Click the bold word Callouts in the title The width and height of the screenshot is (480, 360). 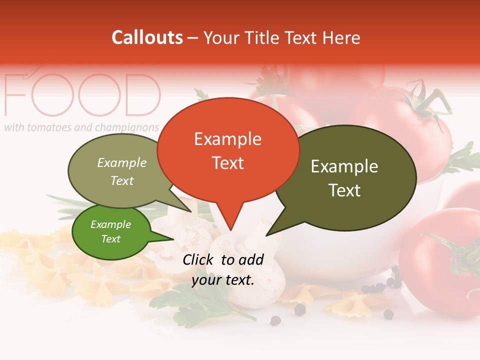pyautogui.click(x=147, y=37)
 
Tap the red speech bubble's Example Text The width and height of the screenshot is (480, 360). pyautogui.click(x=227, y=150)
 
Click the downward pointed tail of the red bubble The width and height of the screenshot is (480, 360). pyautogui.click(x=230, y=220)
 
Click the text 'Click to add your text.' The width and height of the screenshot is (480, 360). pyautogui.click(x=223, y=270)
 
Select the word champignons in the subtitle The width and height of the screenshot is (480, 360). pyautogui.click(x=127, y=127)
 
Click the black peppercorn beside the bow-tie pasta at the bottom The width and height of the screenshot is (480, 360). pyautogui.click(x=300, y=310)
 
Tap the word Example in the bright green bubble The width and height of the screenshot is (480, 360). pyautogui.click(x=110, y=224)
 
